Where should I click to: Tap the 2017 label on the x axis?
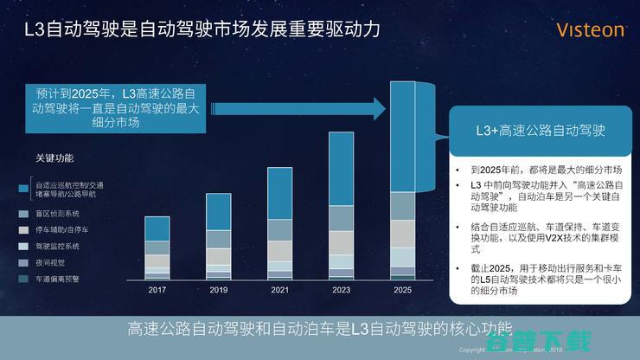[x=157, y=290]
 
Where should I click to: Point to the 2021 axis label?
[x=279, y=290]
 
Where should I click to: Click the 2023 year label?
[x=341, y=290]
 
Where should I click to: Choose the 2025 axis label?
[x=403, y=290]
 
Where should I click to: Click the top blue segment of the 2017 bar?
[x=157, y=228]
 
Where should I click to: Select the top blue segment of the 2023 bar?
[x=341, y=168]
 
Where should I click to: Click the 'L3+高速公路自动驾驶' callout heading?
[x=541, y=132]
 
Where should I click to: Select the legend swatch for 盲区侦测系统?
[x=23, y=213]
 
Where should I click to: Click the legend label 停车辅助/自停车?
[x=61, y=230]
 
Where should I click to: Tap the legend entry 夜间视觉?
[x=49, y=262]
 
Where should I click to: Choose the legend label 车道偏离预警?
[x=58, y=279]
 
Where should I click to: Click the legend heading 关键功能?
[x=54, y=158]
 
